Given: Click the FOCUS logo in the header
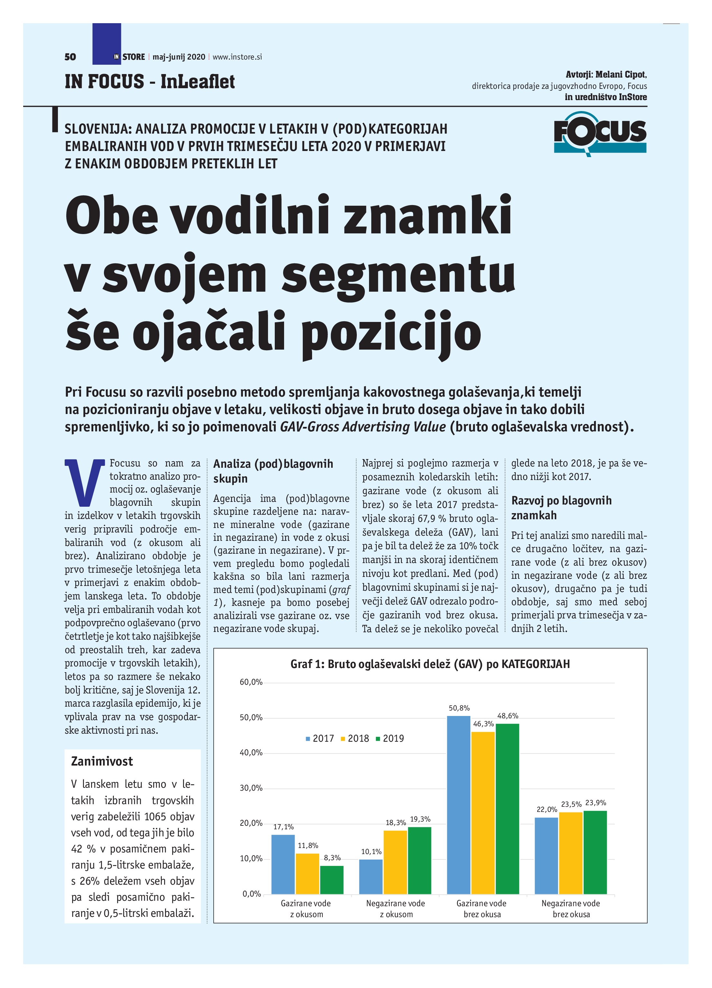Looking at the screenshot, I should [600, 134].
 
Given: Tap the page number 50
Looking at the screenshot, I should [70, 57].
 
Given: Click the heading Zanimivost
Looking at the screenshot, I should [102, 761].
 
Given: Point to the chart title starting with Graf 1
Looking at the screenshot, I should [430, 664].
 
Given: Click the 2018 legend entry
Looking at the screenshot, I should [355, 739].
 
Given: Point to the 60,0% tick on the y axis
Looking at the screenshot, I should [251, 682].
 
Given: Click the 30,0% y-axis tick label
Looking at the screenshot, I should [251, 788].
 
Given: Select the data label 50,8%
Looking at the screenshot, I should [459, 708].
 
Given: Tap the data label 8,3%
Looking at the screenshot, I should [332, 858].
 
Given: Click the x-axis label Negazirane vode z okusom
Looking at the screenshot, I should [395, 909].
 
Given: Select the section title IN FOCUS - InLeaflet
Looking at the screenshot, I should [150, 81].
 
